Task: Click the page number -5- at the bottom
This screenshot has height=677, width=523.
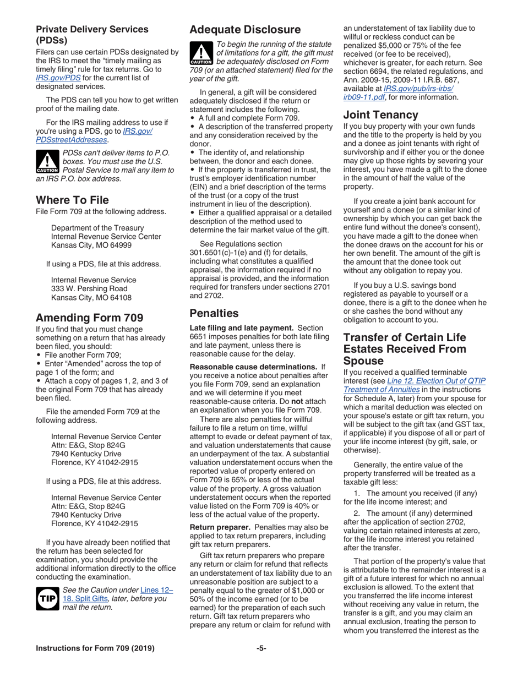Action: [261, 664]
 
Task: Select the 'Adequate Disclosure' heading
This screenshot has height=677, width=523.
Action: [245, 29]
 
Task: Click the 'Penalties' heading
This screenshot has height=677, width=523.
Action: [214, 314]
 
